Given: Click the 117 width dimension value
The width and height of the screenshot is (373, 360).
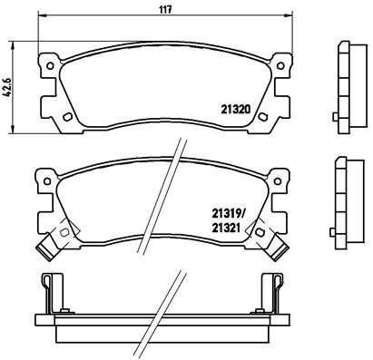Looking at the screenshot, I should (166, 11).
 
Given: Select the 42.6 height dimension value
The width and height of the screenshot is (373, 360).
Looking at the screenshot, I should (8, 89).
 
